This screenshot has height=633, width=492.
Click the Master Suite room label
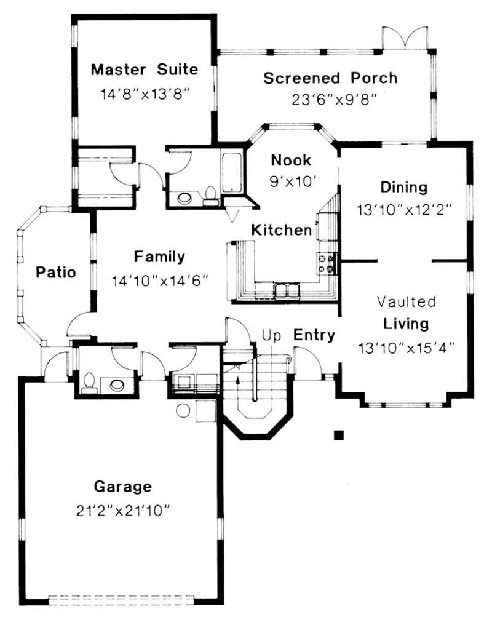point(145,69)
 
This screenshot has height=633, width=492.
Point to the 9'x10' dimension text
point(292,181)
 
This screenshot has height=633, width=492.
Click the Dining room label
point(403,187)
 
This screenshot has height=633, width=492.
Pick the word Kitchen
point(281,230)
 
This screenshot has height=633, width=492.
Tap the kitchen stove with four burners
point(328,263)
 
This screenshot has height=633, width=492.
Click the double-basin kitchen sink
point(287,289)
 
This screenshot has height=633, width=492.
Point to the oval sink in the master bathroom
point(184,197)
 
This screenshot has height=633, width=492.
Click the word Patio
point(55,272)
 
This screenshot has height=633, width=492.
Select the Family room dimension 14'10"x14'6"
point(161,281)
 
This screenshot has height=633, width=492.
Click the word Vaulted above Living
point(406,301)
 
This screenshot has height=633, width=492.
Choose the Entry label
point(314,335)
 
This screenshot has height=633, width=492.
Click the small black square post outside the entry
point(338,436)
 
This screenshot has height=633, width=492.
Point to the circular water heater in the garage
point(183,411)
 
